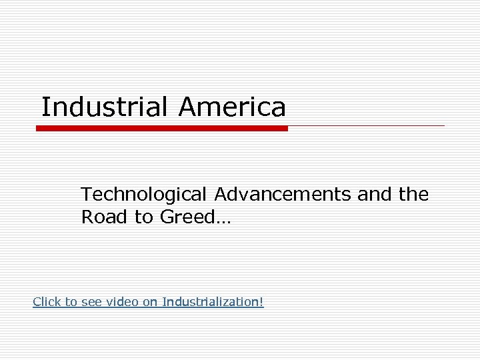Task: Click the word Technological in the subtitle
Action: [x=143, y=195]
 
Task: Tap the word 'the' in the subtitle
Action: [x=414, y=195]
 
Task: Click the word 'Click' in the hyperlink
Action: [x=47, y=302]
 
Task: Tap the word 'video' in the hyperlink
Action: [x=125, y=302]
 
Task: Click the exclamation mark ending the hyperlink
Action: [x=262, y=302]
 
